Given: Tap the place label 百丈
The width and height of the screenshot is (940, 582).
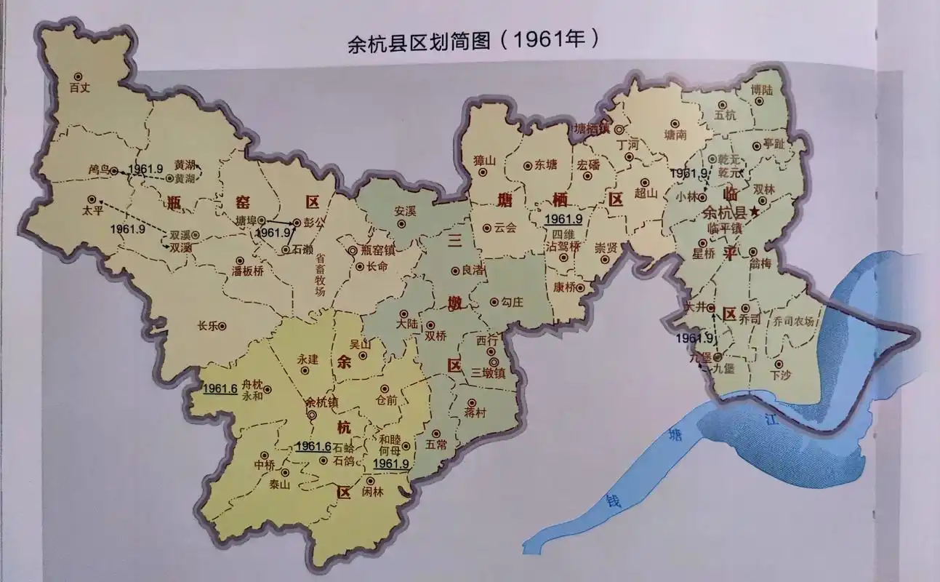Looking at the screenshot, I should point(79,88).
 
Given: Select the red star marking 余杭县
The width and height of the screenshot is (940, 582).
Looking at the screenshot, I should point(755,212).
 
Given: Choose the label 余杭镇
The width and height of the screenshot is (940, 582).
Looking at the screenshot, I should point(321,402).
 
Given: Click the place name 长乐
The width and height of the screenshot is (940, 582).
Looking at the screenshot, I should point(207,326).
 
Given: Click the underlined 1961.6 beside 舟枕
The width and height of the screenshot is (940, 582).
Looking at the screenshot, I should point(220,388).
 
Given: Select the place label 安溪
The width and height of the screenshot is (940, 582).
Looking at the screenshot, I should point(406,212).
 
